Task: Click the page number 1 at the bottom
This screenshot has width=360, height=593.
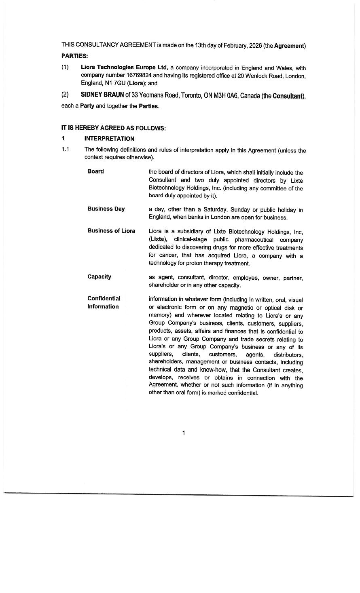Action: click(184, 433)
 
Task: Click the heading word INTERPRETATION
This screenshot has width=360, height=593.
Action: click(109, 139)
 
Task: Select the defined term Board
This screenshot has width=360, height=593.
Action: click(95, 171)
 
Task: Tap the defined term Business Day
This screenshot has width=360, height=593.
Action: click(106, 209)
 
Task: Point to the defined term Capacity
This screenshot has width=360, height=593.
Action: click(99, 277)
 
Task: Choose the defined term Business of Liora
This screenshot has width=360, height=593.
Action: click(111, 231)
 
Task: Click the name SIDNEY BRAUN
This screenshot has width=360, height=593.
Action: click(102, 95)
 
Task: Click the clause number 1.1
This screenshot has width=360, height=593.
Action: click(66, 150)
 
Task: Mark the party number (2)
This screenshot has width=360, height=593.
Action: click(65, 95)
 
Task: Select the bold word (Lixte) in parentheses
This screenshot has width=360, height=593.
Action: click(158, 240)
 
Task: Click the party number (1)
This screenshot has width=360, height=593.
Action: click(65, 67)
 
